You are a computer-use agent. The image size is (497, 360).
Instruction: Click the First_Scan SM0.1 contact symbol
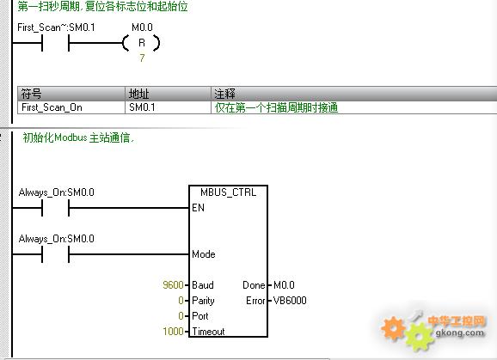click(56, 43)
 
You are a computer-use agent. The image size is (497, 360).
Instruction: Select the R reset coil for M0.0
click(141, 43)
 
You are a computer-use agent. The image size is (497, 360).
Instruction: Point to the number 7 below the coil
click(142, 58)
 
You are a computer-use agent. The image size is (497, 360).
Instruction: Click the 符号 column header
click(31, 94)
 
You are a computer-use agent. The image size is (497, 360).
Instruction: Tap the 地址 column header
click(138, 94)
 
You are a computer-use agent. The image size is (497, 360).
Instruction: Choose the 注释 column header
click(224, 94)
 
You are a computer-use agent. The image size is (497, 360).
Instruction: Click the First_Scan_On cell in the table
click(52, 107)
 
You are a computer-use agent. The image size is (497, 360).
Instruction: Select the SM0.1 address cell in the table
click(142, 107)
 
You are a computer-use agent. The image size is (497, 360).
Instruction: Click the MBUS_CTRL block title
click(228, 192)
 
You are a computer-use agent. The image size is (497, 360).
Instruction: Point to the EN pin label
click(198, 208)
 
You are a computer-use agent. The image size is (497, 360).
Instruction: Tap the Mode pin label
click(204, 254)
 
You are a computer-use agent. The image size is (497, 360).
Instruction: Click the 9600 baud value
click(173, 285)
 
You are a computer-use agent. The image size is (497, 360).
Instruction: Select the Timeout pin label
click(208, 331)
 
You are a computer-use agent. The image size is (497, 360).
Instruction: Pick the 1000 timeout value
click(173, 331)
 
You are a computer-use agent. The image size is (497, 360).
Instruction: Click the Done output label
click(254, 285)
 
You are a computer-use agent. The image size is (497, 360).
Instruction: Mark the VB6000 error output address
click(290, 301)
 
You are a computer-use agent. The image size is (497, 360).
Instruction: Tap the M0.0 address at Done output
click(284, 285)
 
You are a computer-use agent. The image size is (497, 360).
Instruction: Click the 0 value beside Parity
click(181, 301)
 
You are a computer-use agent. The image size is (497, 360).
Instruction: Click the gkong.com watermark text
click(460, 333)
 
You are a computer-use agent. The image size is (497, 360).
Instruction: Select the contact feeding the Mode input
click(56, 254)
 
